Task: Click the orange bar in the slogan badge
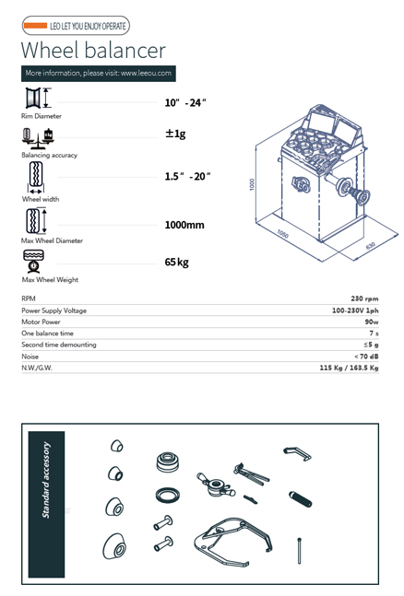coord(35,26)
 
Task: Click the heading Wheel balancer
coord(93,50)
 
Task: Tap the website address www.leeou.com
coord(147,73)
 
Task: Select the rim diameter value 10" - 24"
coord(185,102)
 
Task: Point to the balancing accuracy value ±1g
coord(175,134)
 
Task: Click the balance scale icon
coord(38,138)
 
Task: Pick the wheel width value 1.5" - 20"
coord(187,176)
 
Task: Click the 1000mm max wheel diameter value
coord(184,225)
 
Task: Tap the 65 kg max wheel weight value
coord(177,263)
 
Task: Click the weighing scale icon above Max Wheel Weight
coord(34,261)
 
